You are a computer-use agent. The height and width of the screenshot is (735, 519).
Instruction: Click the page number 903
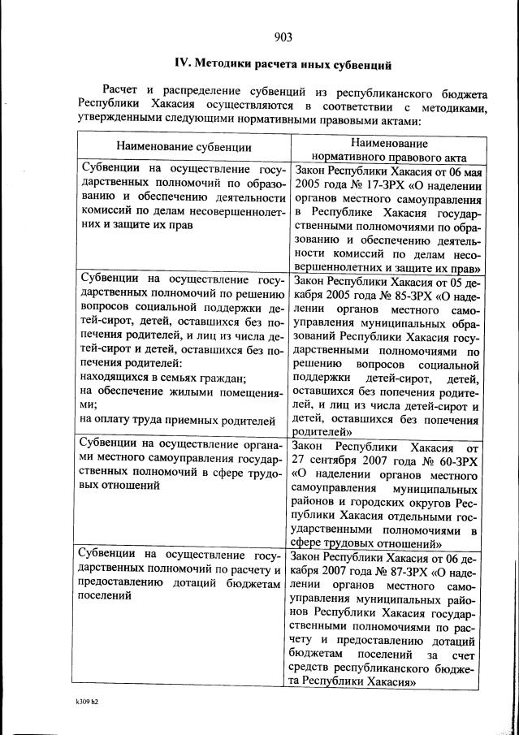pos(283,36)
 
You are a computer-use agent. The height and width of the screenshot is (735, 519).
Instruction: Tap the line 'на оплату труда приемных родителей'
pos(176,420)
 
